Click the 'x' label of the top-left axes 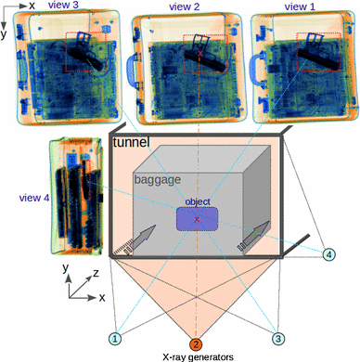click(32, 6)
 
